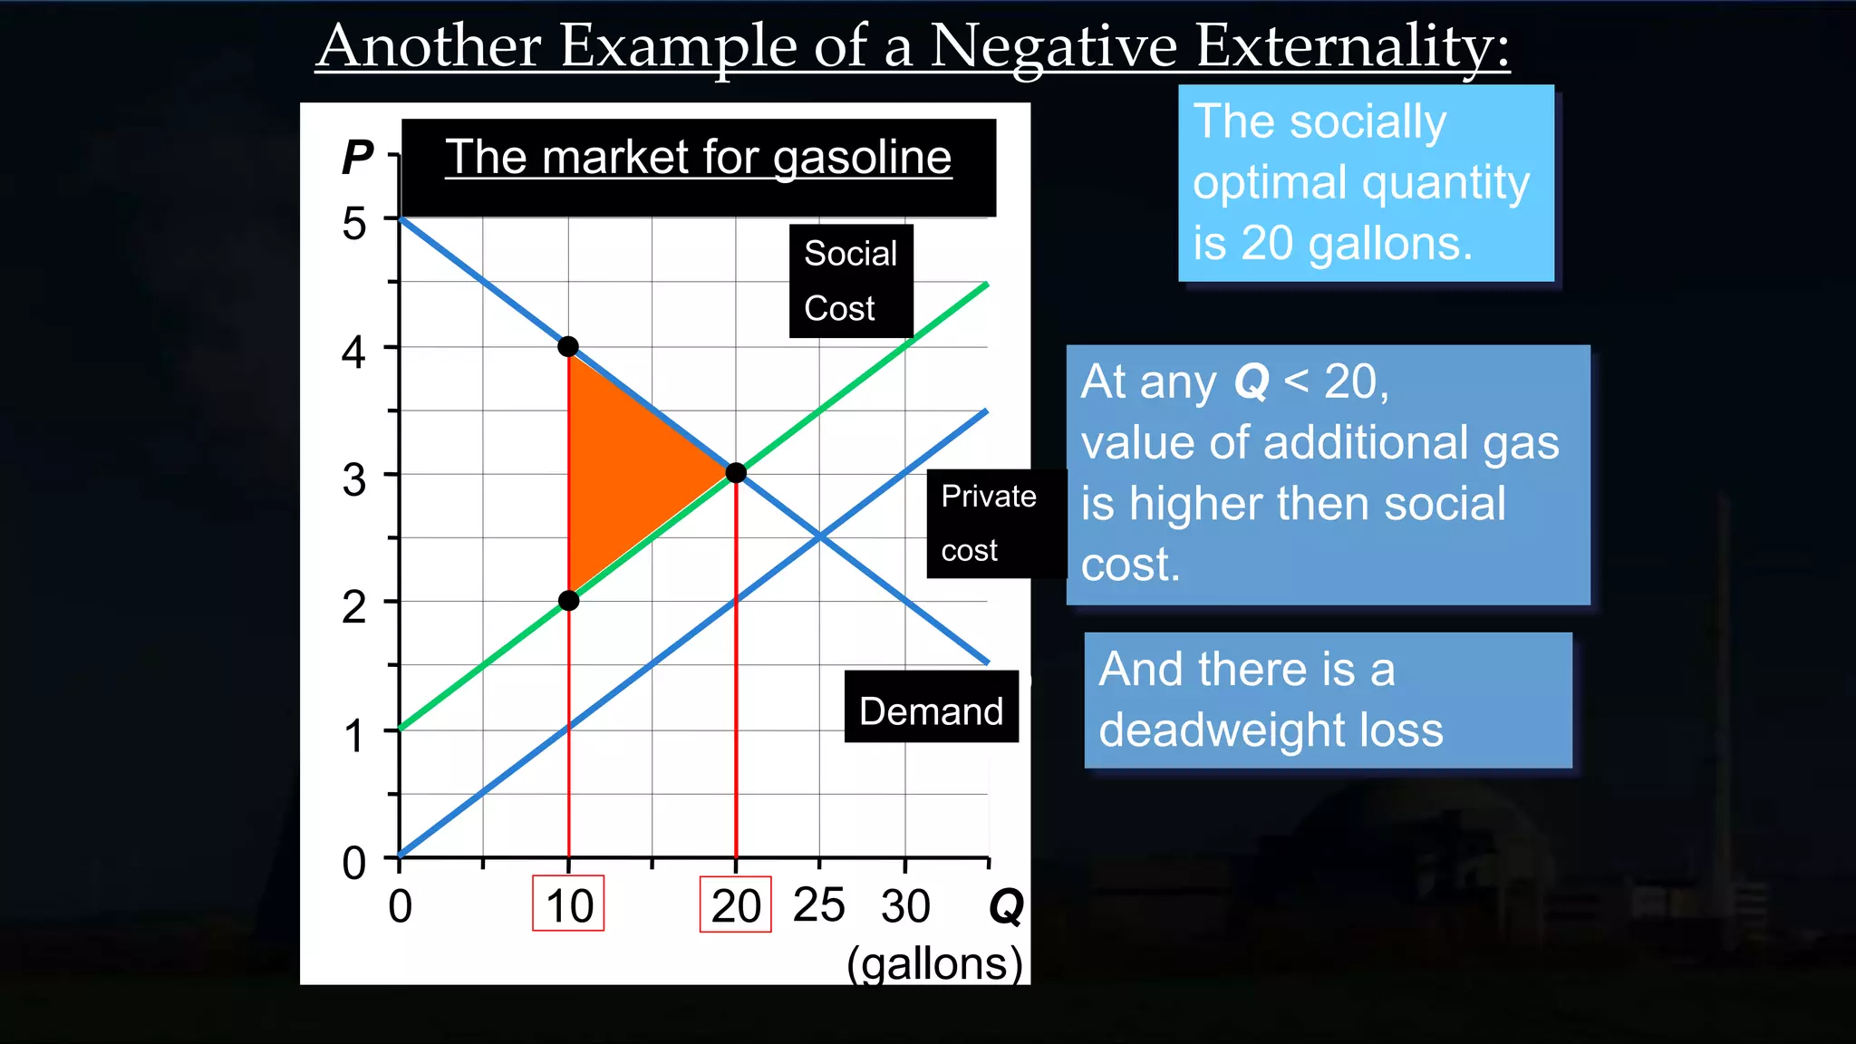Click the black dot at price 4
[x=568, y=346]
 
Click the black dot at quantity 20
[x=736, y=472]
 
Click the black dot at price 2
[x=568, y=601]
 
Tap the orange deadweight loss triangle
[x=625, y=471]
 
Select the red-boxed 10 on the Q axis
[x=568, y=904]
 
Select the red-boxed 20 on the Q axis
[x=735, y=904]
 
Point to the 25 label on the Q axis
[x=818, y=904]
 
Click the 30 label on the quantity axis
[x=905, y=906]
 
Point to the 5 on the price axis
[x=354, y=223]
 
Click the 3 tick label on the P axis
[x=354, y=479]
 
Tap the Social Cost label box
[x=850, y=281]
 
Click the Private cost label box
[x=990, y=523]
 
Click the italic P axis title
[x=357, y=158]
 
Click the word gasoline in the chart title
[x=862, y=158]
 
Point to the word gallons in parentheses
[x=934, y=963]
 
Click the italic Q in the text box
[x=1252, y=382]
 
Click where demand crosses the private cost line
[x=819, y=537]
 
